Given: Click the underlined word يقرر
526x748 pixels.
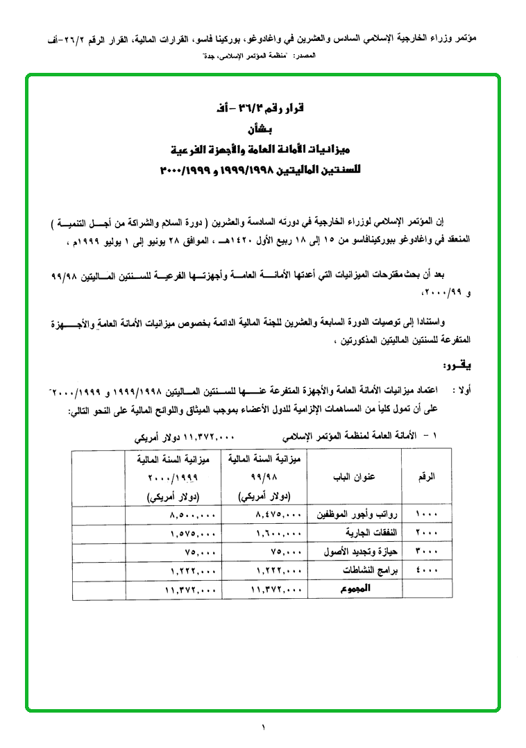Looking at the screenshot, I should point(459,366).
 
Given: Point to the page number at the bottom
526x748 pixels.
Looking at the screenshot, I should point(264,726).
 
